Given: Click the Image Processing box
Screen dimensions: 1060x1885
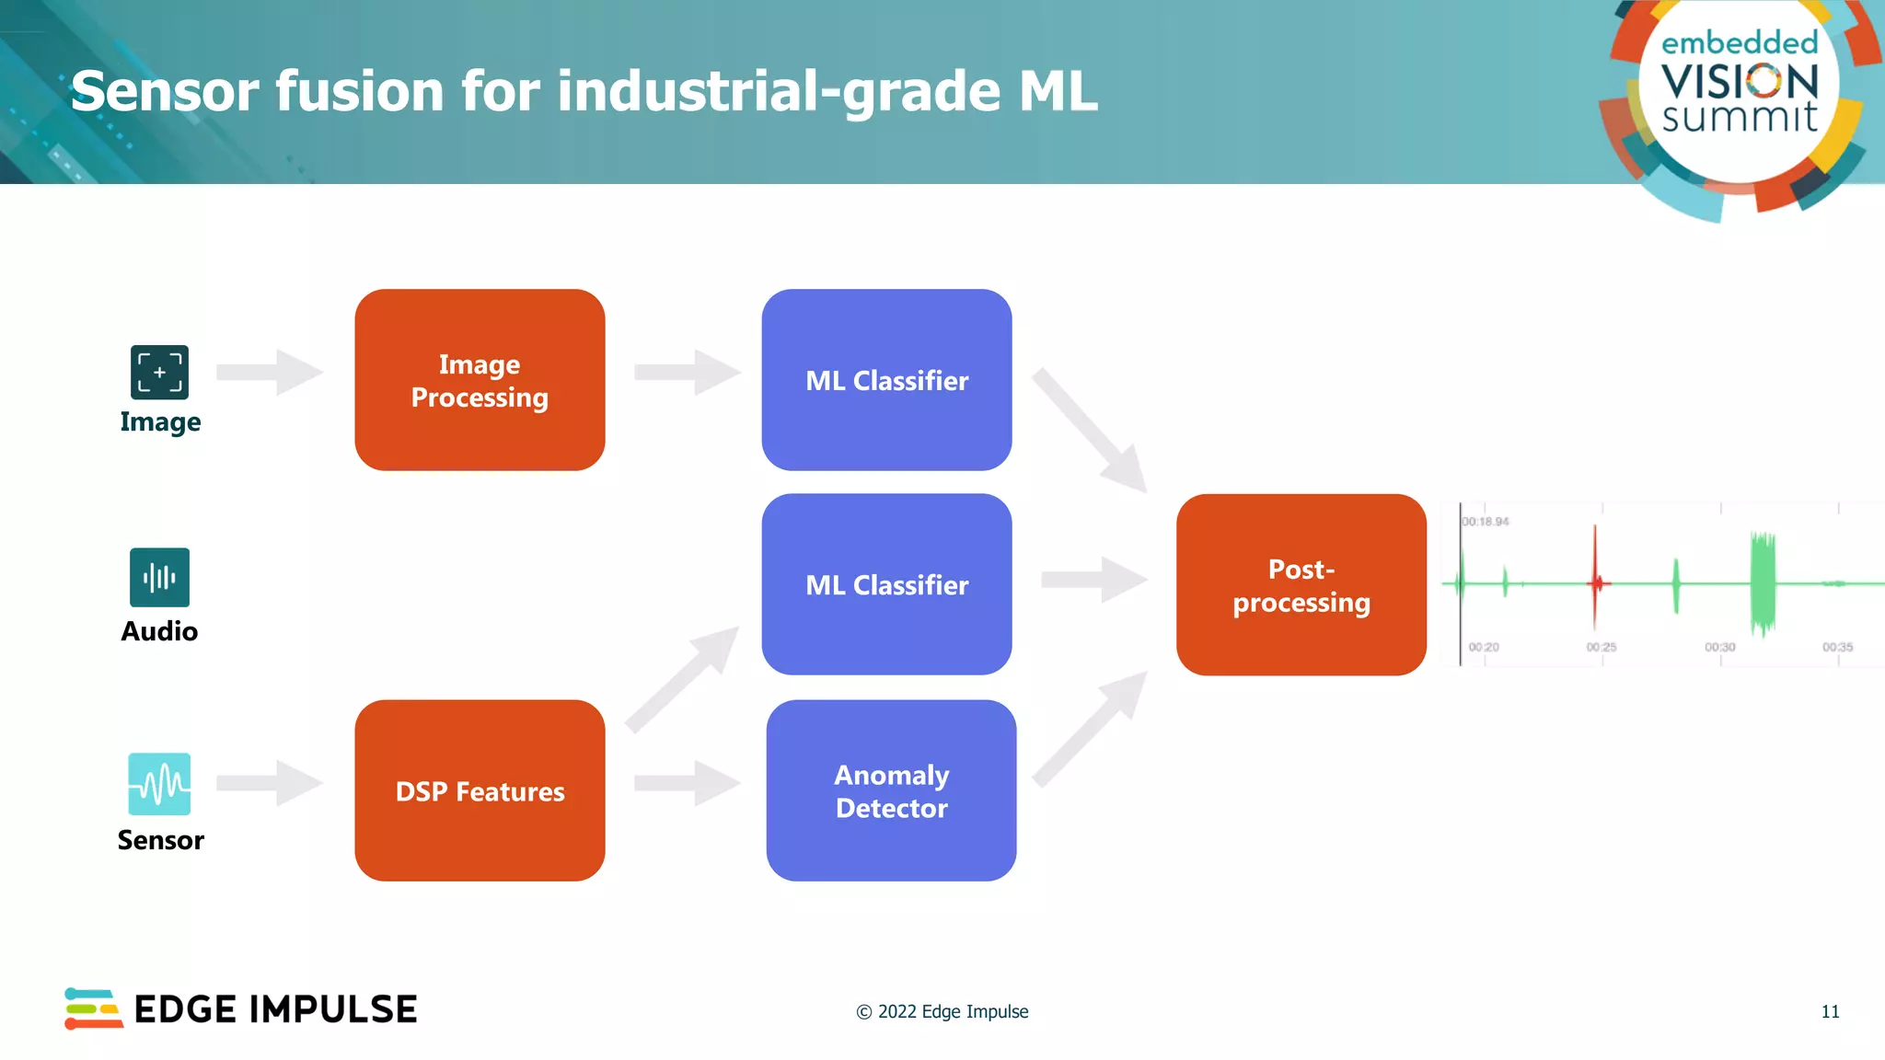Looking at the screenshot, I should point(480,380).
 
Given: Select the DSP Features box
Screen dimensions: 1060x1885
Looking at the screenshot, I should point(480,790).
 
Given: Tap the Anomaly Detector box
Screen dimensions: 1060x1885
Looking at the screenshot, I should point(891,790).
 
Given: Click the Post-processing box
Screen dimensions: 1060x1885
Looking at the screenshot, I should point(1301,585).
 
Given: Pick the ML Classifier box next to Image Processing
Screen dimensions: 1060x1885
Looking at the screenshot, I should point(886,380).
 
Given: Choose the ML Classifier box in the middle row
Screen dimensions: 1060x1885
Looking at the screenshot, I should point(886,584).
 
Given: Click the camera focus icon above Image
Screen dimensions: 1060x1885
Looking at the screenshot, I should point(159,373).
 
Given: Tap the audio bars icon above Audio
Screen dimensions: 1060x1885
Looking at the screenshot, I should point(159,578).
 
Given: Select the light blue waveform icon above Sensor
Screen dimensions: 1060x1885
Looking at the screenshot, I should point(159,784).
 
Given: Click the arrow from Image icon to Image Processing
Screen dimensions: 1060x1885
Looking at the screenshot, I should point(270,372).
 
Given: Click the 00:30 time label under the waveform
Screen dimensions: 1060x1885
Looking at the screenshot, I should point(1719,648).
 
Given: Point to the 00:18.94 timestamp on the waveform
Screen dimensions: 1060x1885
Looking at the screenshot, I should point(1486,522).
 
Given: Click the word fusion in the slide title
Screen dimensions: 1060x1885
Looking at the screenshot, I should point(358,91).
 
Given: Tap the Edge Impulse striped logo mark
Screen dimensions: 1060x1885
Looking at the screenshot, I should point(93,1008).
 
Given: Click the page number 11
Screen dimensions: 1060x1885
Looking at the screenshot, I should point(1830,1011).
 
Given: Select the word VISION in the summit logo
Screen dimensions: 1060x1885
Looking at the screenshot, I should point(1740,82).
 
